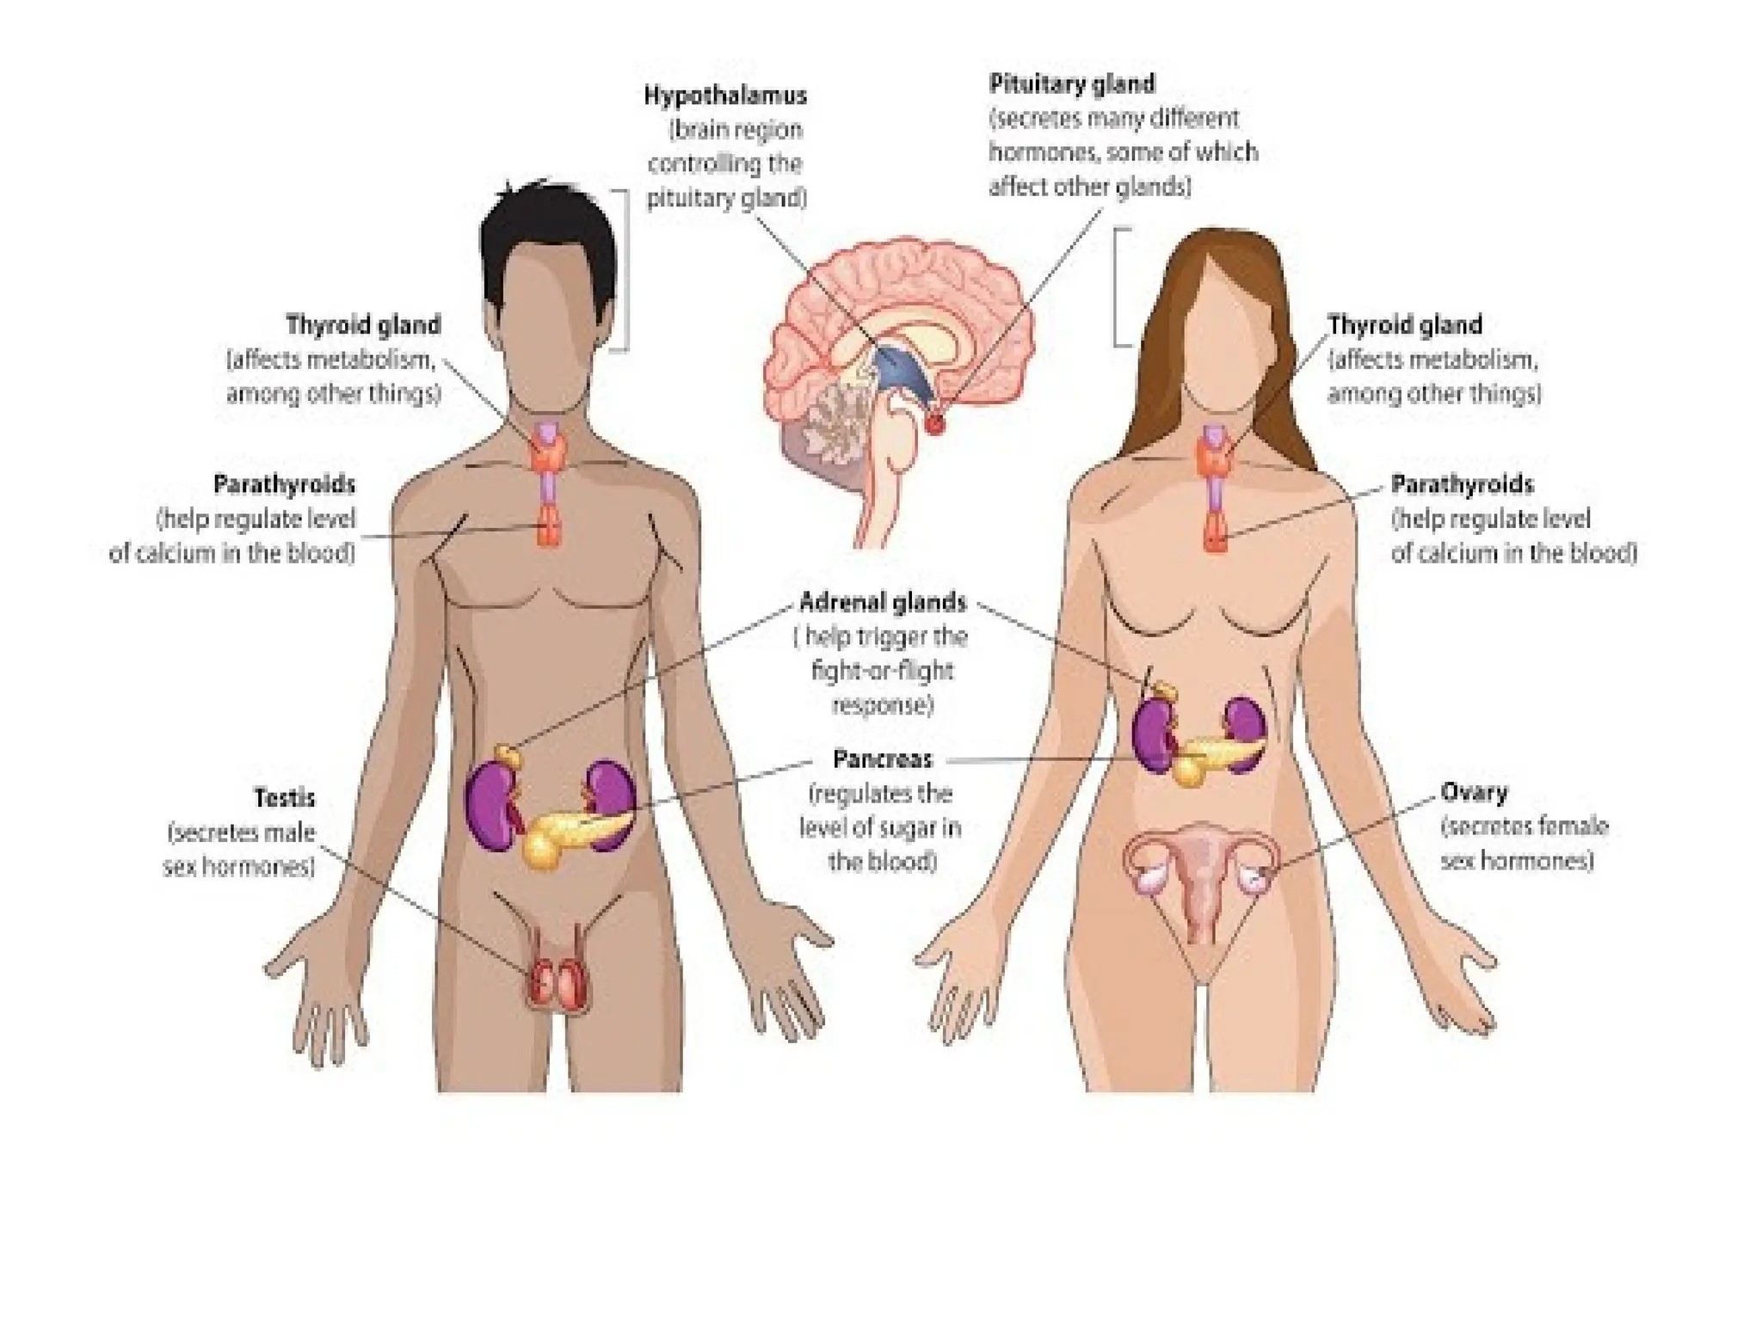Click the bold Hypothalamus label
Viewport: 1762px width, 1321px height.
[x=725, y=95]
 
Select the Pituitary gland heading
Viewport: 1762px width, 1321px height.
[x=1071, y=84]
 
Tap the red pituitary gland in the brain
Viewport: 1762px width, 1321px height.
[x=934, y=423]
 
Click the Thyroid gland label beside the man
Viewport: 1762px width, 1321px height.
[x=363, y=325]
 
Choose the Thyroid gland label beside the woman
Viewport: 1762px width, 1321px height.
[x=1404, y=325]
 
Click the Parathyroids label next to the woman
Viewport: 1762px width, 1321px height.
[x=1462, y=485]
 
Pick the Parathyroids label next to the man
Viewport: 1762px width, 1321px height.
[x=284, y=485]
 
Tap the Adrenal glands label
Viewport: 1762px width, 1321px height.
[x=883, y=602]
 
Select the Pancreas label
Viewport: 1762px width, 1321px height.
[x=882, y=759]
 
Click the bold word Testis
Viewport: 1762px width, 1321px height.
[x=284, y=798]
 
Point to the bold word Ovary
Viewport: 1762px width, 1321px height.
[x=1474, y=792]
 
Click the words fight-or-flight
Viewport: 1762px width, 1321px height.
[x=882, y=671]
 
